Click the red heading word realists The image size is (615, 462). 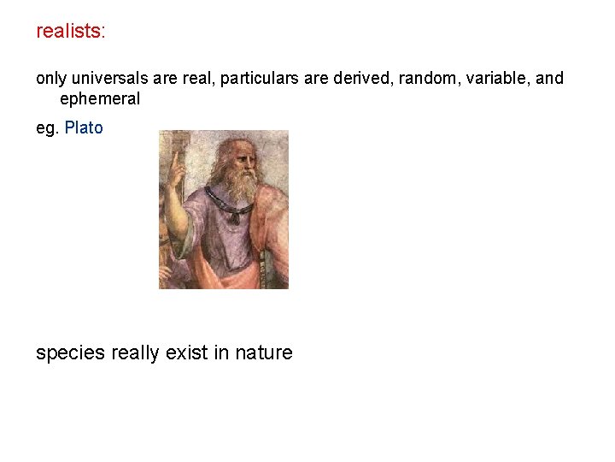click(67, 32)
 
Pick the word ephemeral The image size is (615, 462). click(100, 98)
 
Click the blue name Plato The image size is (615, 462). click(84, 128)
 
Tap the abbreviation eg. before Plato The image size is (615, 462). click(47, 128)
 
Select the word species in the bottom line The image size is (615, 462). click(71, 352)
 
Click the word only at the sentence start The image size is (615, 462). click(50, 79)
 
